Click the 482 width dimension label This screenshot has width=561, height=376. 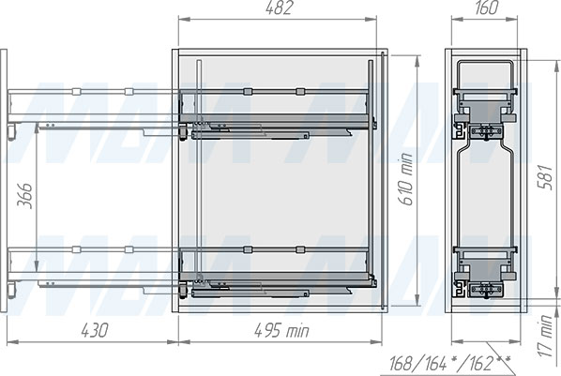(x=280, y=8)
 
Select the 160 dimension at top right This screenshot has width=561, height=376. (x=486, y=8)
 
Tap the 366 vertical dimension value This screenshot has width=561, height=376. (x=25, y=196)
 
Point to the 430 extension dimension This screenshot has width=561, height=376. (x=94, y=330)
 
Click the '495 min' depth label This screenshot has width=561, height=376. (x=281, y=331)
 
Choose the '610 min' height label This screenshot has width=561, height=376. (x=406, y=179)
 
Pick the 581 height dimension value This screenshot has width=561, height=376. (x=546, y=176)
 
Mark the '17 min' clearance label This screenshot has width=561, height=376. (x=546, y=336)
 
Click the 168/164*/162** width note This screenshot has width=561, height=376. (x=449, y=364)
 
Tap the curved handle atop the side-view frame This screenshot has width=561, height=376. (x=486, y=62)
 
